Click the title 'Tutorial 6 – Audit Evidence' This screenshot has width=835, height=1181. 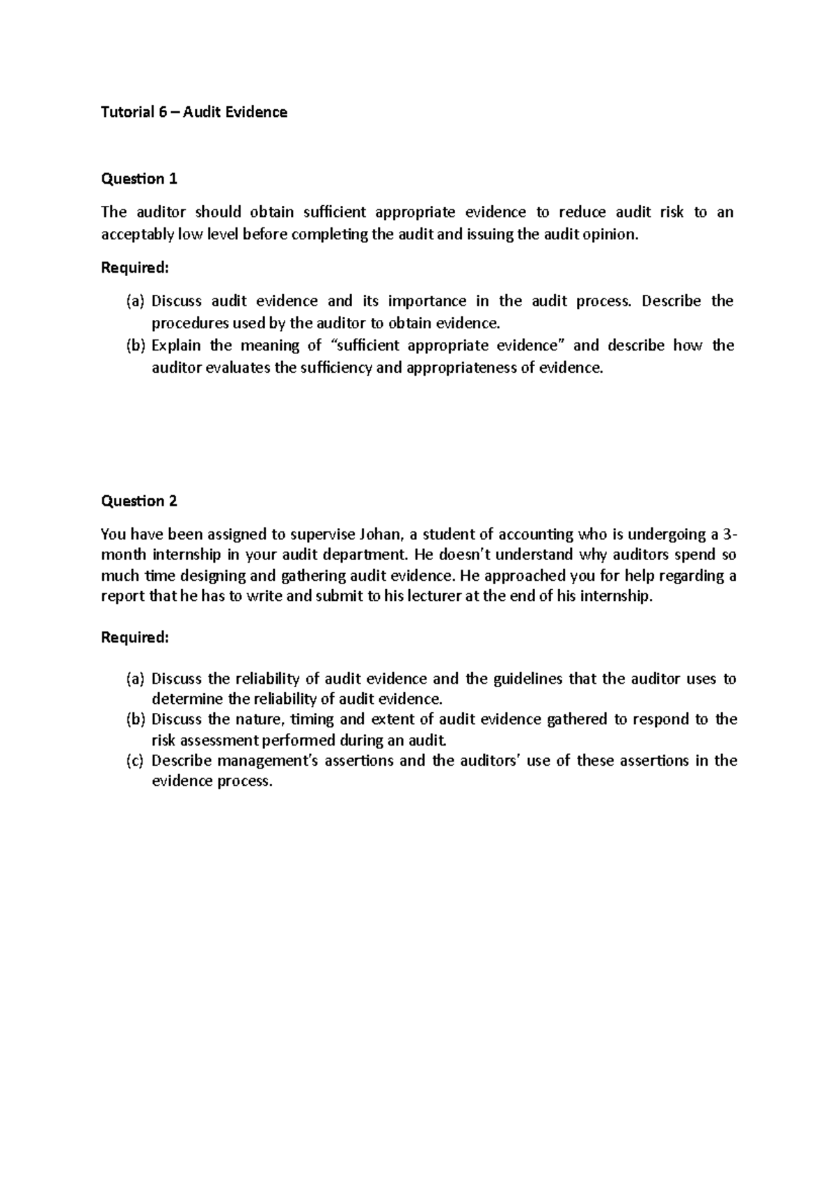pos(194,112)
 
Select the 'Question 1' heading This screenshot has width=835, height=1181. pos(139,179)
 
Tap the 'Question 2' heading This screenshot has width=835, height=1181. pos(139,501)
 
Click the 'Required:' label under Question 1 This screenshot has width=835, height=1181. pos(135,268)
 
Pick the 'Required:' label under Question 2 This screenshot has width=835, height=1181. pos(135,637)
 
